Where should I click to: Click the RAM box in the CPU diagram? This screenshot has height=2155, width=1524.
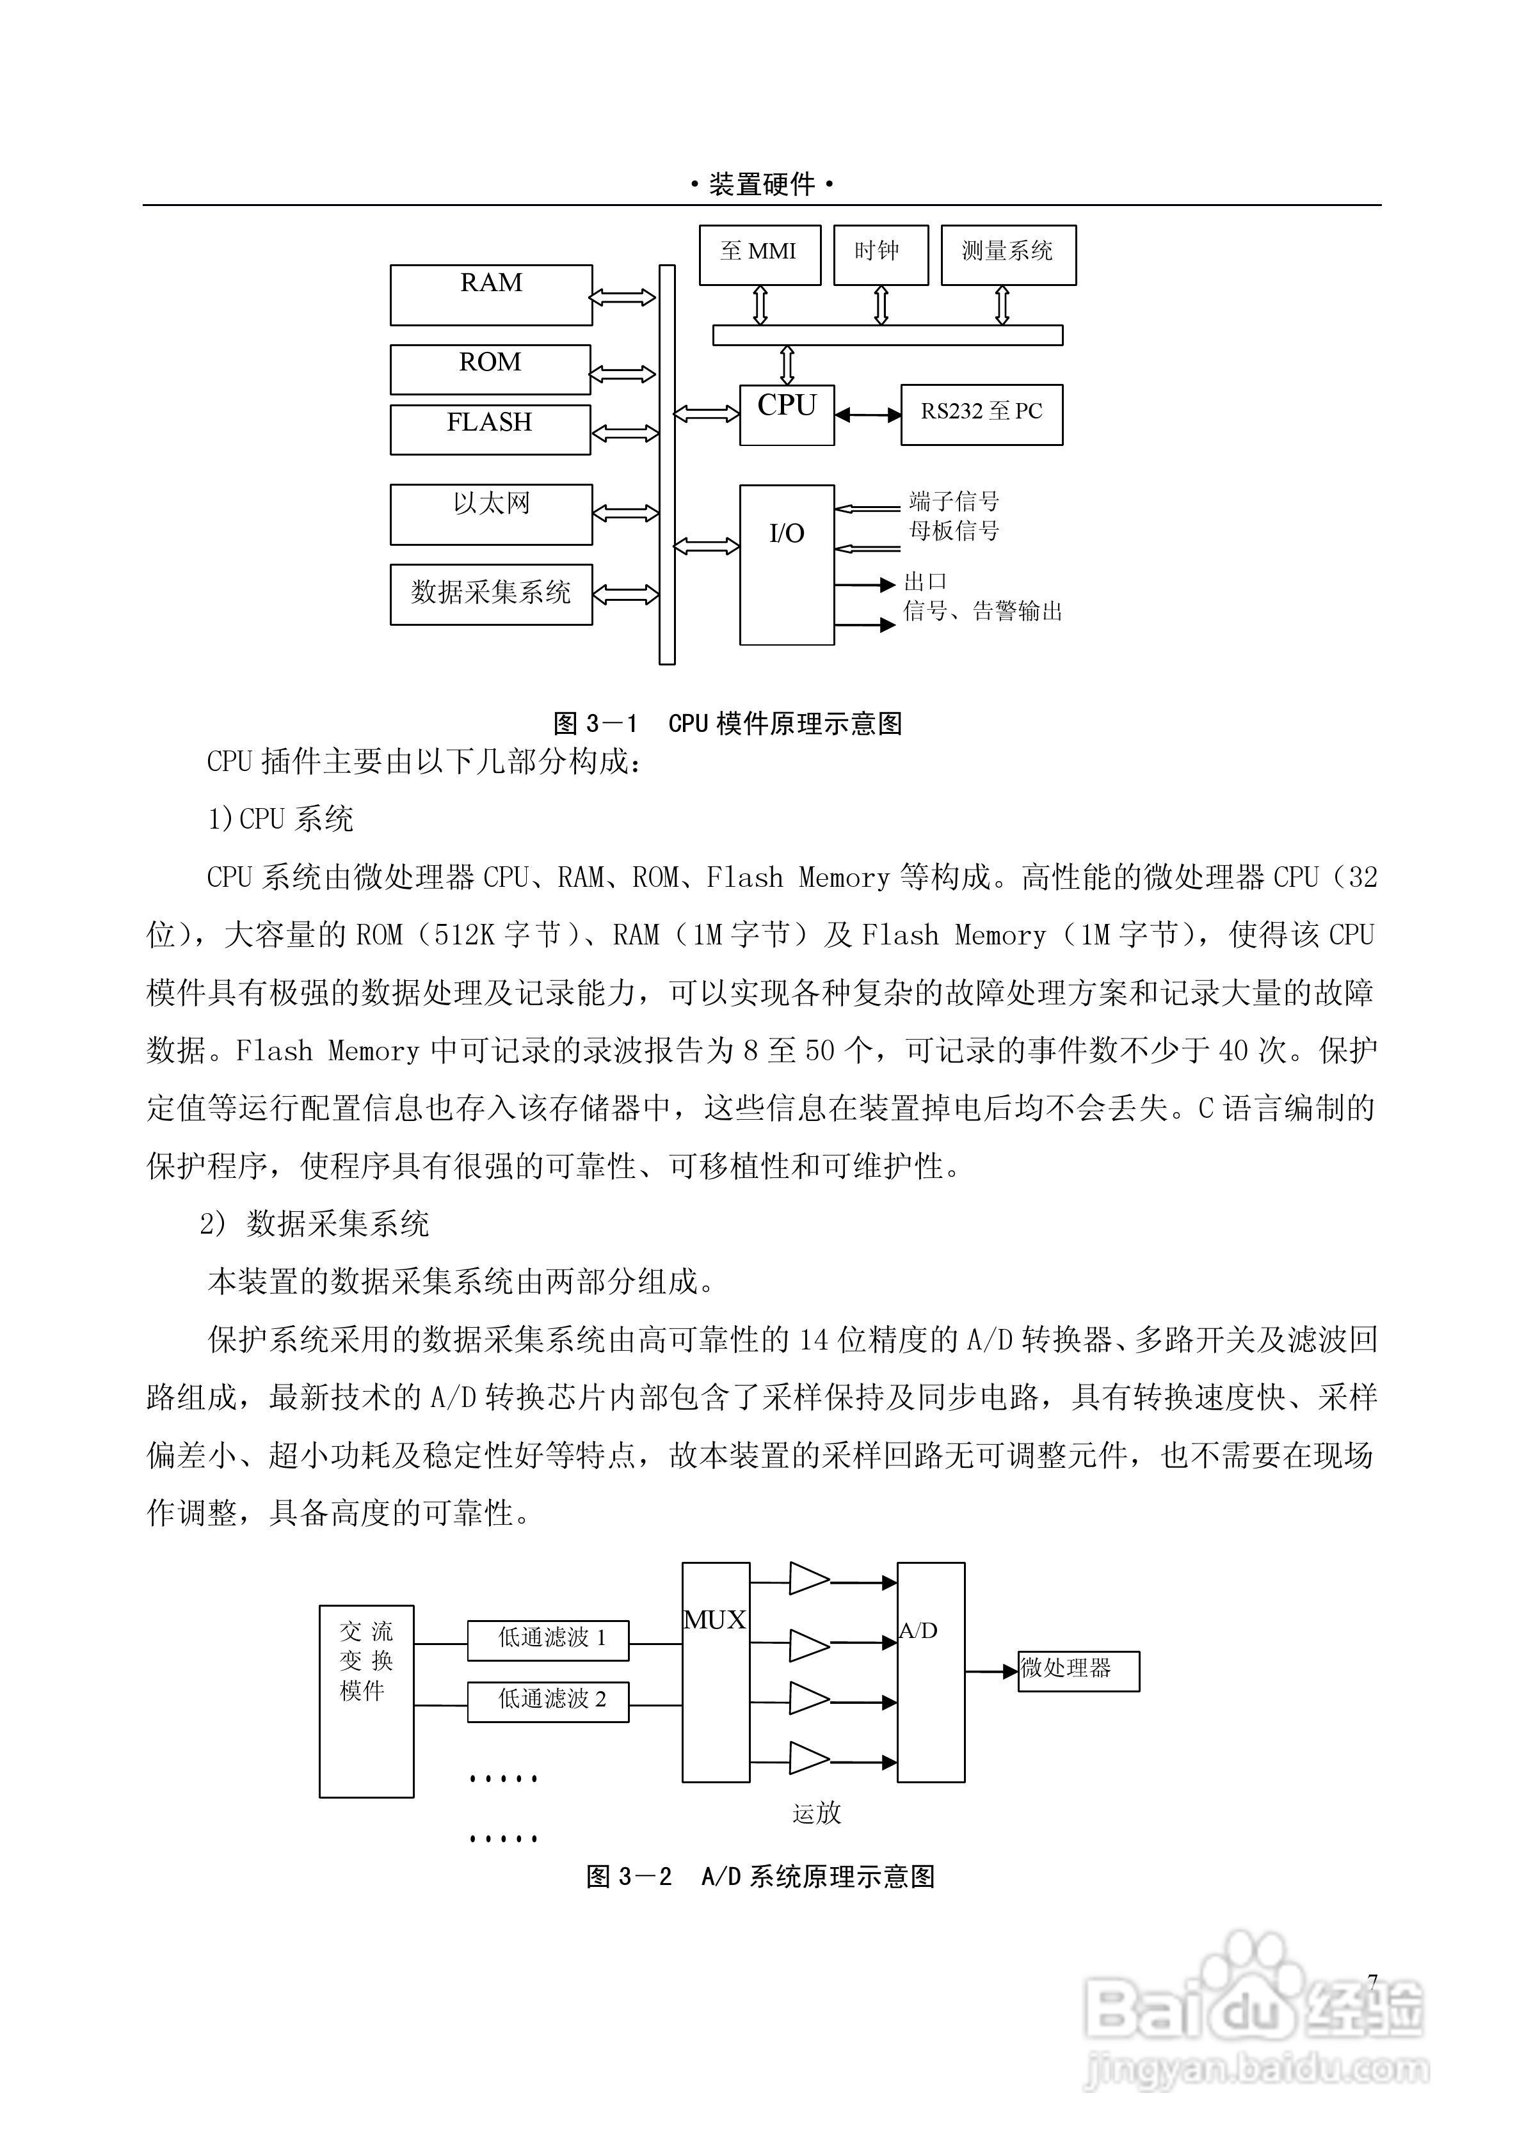pos(491,295)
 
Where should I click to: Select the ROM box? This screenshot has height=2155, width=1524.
pos(490,369)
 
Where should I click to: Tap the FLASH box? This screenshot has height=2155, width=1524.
pos(490,429)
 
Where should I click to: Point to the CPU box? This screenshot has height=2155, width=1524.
pos(787,414)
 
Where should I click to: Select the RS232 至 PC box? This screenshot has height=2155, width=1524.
pos(981,414)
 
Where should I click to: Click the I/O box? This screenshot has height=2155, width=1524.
pos(787,564)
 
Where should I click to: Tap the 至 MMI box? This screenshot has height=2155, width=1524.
pos(760,255)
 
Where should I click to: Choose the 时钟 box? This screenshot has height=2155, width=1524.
pos(881,255)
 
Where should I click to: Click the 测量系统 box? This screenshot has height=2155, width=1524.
pos(1007,255)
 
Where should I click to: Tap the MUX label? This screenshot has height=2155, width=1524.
pos(714,1620)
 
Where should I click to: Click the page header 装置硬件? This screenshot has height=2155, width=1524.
pos(762,185)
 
